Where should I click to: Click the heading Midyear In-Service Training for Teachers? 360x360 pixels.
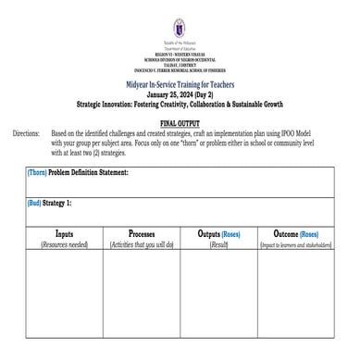(x=180, y=84)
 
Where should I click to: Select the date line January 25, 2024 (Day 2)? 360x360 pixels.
(x=180, y=94)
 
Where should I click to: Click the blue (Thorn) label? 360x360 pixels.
(x=38, y=172)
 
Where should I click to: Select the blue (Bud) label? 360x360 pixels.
(x=37, y=202)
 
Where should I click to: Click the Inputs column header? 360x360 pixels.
(x=65, y=234)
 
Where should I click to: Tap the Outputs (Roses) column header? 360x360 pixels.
(x=218, y=234)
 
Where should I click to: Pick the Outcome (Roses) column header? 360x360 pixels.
(x=296, y=234)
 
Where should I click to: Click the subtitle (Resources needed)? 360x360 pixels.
(x=65, y=244)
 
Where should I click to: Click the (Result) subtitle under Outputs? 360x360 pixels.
(x=218, y=244)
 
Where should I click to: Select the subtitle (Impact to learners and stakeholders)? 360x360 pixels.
(x=296, y=244)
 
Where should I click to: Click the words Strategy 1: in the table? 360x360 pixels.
(x=74, y=202)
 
